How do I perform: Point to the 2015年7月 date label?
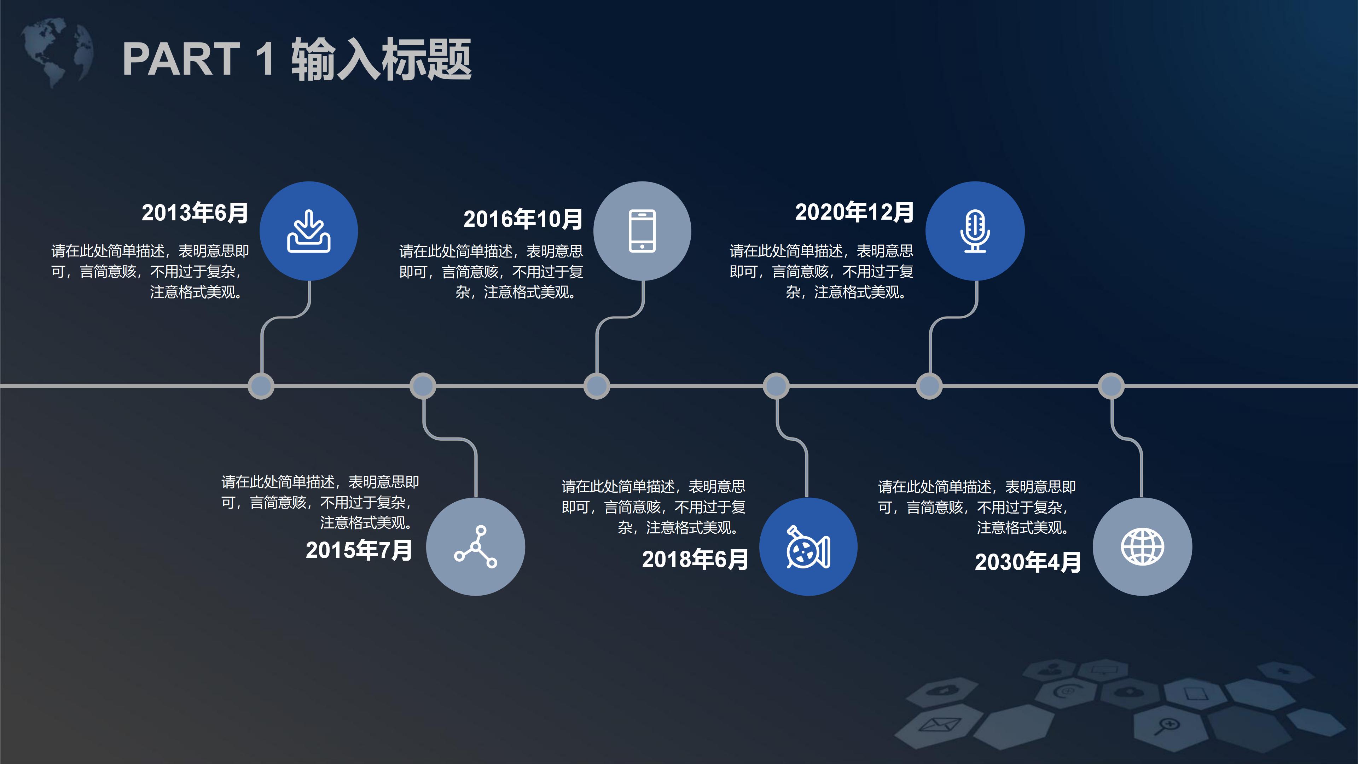[x=359, y=550]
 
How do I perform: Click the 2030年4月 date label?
[x=1027, y=562]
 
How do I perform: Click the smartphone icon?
[x=642, y=231]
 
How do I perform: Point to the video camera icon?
[x=808, y=547]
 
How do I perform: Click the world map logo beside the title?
[x=57, y=52]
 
